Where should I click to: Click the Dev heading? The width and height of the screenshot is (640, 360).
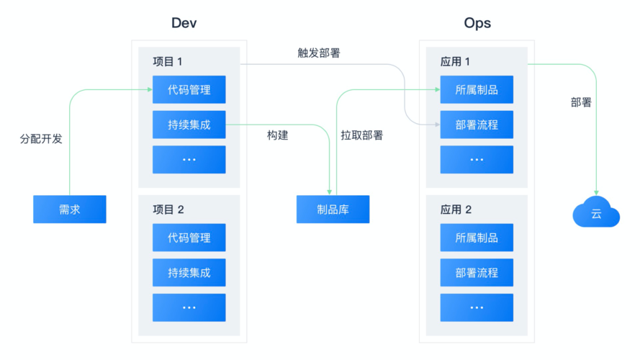click(184, 23)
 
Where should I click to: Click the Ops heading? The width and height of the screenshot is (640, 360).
click(477, 23)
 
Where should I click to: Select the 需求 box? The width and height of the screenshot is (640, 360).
click(70, 210)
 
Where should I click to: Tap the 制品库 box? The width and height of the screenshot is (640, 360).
click(333, 210)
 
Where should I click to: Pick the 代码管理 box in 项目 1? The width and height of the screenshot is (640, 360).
click(189, 90)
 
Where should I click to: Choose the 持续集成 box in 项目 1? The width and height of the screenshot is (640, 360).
click(189, 125)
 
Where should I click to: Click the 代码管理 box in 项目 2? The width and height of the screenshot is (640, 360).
click(189, 238)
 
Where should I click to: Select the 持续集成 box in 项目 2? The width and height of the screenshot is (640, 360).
click(189, 273)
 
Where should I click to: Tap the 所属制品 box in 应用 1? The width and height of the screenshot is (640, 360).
click(477, 90)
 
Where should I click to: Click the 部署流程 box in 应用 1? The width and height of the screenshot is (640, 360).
click(477, 125)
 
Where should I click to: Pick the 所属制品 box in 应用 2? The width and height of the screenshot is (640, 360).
click(477, 238)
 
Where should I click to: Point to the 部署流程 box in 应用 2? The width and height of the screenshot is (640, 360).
click(477, 273)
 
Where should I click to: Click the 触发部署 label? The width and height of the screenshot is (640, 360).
click(318, 53)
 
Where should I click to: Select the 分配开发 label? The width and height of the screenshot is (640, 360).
click(41, 139)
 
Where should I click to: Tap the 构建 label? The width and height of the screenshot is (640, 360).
click(277, 135)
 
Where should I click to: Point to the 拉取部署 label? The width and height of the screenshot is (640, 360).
click(361, 135)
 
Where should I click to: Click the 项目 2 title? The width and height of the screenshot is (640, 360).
click(168, 210)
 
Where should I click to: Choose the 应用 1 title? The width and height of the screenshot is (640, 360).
click(456, 62)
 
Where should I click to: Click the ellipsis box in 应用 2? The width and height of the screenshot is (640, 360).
click(477, 307)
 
